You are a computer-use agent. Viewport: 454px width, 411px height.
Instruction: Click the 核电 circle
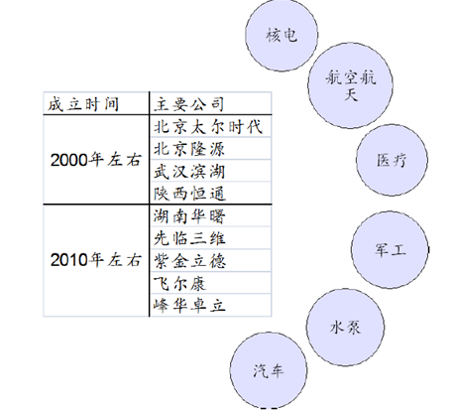[282, 35]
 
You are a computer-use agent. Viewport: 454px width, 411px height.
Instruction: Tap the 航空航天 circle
[350, 85]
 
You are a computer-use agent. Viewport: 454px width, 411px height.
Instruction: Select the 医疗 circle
[392, 160]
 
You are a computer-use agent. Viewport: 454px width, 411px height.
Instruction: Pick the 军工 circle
[390, 250]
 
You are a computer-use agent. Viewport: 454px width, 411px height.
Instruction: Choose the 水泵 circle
[345, 328]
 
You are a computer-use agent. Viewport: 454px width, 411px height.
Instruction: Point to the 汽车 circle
[269, 370]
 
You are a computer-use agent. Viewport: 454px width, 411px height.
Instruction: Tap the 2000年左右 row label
[96, 160]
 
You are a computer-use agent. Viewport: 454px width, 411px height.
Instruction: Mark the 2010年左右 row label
[96, 260]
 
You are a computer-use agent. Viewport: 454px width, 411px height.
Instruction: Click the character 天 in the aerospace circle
[351, 94]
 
